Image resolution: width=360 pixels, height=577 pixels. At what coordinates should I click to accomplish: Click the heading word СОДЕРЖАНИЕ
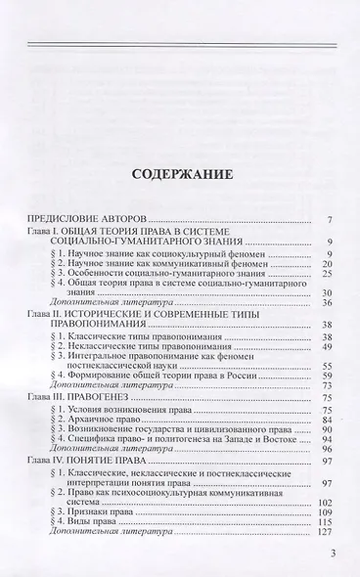coord(179,180)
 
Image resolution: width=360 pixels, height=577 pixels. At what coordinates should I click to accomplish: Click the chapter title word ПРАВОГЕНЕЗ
coord(123,440)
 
